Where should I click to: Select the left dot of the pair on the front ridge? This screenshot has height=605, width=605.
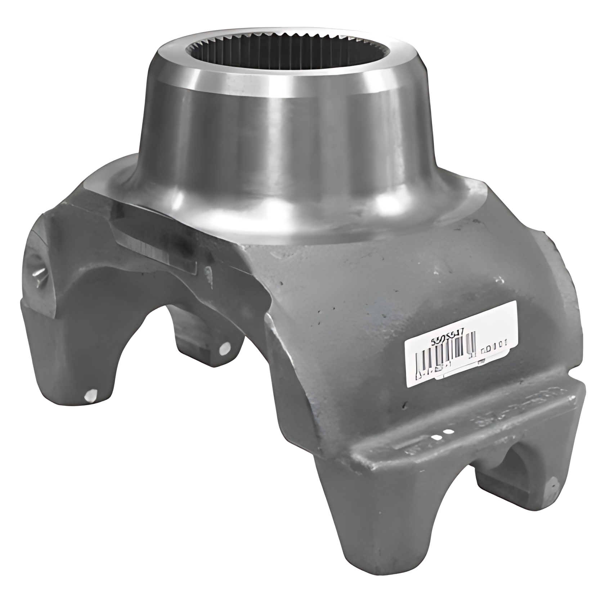click(438, 437)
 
